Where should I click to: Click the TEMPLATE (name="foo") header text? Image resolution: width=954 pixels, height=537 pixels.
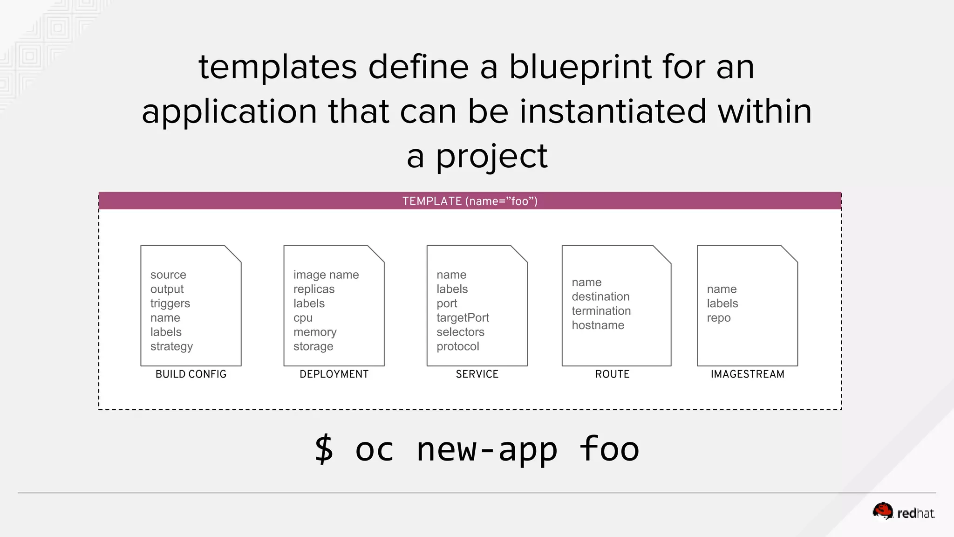(470, 201)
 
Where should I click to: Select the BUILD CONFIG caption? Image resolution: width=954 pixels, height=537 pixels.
(191, 374)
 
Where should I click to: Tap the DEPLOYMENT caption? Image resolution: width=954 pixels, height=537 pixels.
(334, 374)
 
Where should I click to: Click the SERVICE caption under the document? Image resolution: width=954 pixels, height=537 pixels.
(477, 374)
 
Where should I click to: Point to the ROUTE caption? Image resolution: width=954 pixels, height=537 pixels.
(612, 374)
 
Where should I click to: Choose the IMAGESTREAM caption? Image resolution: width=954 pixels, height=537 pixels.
(747, 374)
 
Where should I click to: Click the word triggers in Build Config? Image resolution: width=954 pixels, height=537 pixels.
(170, 303)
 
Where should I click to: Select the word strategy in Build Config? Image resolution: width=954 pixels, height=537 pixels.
(171, 347)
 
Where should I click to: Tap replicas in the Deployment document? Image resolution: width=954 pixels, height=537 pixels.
(314, 289)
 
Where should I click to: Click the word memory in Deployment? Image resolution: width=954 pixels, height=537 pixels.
(315, 332)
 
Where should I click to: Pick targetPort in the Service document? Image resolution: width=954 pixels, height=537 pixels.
(463, 318)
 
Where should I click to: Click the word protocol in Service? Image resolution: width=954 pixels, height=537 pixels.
(457, 346)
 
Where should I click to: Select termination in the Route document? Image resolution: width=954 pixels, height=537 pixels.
(601, 311)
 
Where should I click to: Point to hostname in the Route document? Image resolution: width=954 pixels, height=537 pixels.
(598, 325)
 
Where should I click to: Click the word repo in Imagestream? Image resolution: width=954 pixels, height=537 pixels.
(718, 318)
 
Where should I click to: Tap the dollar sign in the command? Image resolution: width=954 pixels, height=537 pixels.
(324, 449)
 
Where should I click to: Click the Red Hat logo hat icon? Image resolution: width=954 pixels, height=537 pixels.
(882, 511)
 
